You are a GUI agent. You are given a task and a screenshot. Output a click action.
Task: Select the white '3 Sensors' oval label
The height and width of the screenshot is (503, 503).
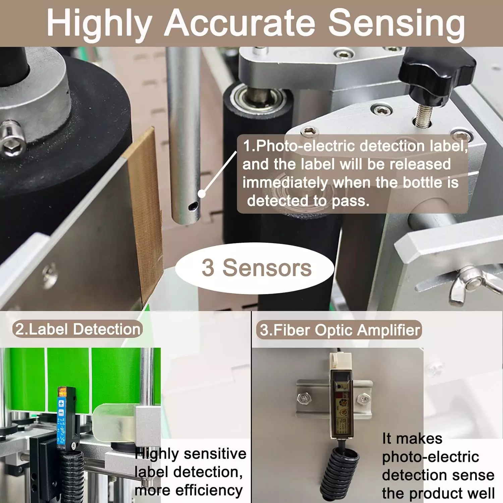click(x=255, y=268)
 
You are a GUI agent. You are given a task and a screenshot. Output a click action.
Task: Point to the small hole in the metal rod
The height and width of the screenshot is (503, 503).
click(x=193, y=206)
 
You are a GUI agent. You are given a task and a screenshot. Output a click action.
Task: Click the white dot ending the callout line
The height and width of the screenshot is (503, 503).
click(x=202, y=193)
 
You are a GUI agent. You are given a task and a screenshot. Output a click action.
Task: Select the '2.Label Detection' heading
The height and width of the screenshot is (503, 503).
click(x=78, y=329)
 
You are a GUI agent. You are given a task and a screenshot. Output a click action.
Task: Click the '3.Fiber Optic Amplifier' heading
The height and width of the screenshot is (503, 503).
click(x=339, y=330)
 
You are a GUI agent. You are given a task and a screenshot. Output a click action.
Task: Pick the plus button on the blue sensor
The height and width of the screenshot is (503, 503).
click(x=61, y=403)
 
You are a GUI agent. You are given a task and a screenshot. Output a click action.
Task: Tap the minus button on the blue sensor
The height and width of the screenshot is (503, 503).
click(x=61, y=412)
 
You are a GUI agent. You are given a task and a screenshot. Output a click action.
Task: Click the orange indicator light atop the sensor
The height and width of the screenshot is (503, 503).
click(x=62, y=391)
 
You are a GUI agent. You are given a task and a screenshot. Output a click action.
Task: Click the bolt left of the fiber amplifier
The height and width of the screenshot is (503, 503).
click(x=304, y=398)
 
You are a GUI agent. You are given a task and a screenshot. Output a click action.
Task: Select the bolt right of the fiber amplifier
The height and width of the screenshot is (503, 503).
click(x=364, y=399)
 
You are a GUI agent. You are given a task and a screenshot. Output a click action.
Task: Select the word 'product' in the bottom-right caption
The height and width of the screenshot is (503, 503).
click(x=435, y=493)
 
